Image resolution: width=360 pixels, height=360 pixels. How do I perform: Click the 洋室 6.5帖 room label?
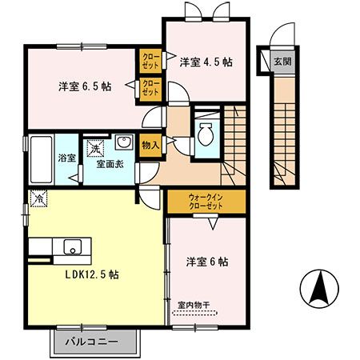[84, 86]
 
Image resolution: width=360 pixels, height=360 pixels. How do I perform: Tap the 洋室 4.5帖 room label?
[206, 62]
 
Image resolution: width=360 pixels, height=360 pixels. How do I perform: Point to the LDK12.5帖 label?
[92, 274]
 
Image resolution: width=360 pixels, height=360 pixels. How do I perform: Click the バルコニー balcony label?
[95, 341]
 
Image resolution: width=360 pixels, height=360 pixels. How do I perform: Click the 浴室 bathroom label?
[66, 158]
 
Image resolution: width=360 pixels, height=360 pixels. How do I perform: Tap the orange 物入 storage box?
[150, 145]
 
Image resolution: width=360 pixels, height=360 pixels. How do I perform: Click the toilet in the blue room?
[206, 134]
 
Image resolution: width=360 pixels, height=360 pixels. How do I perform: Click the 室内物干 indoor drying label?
[194, 304]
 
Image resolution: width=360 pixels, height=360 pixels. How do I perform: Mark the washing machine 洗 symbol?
[95, 146]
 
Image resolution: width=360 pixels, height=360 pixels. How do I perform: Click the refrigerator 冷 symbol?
[37, 197]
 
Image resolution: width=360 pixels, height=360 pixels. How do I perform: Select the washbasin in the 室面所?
[124, 144]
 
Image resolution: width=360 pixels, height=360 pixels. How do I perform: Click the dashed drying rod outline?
[196, 315]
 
